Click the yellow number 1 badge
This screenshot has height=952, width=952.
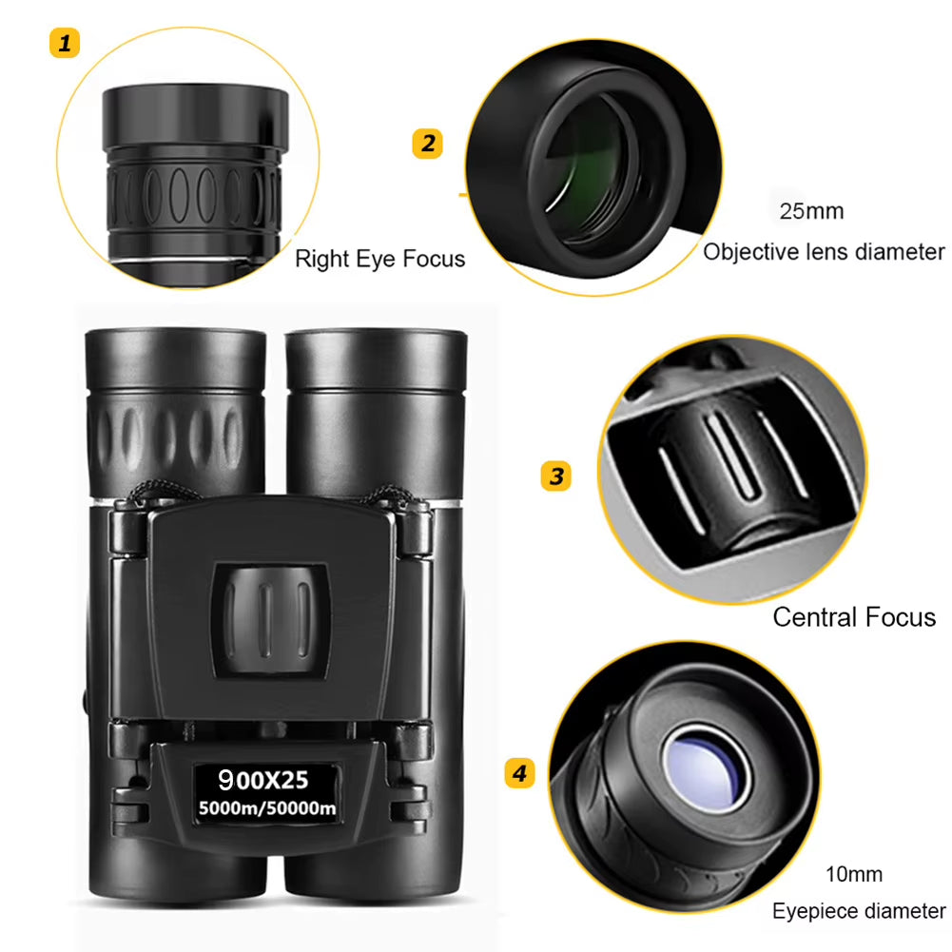(65, 43)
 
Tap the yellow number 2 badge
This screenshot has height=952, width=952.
(427, 144)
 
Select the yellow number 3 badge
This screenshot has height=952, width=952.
(556, 476)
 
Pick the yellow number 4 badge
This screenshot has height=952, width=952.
(518, 773)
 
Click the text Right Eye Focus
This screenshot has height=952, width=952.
(379, 259)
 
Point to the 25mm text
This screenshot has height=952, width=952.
(811, 211)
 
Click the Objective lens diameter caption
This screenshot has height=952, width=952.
(824, 252)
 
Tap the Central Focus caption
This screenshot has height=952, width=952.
(853, 617)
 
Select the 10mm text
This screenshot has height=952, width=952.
(854, 874)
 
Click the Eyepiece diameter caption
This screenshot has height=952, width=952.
(859, 911)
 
